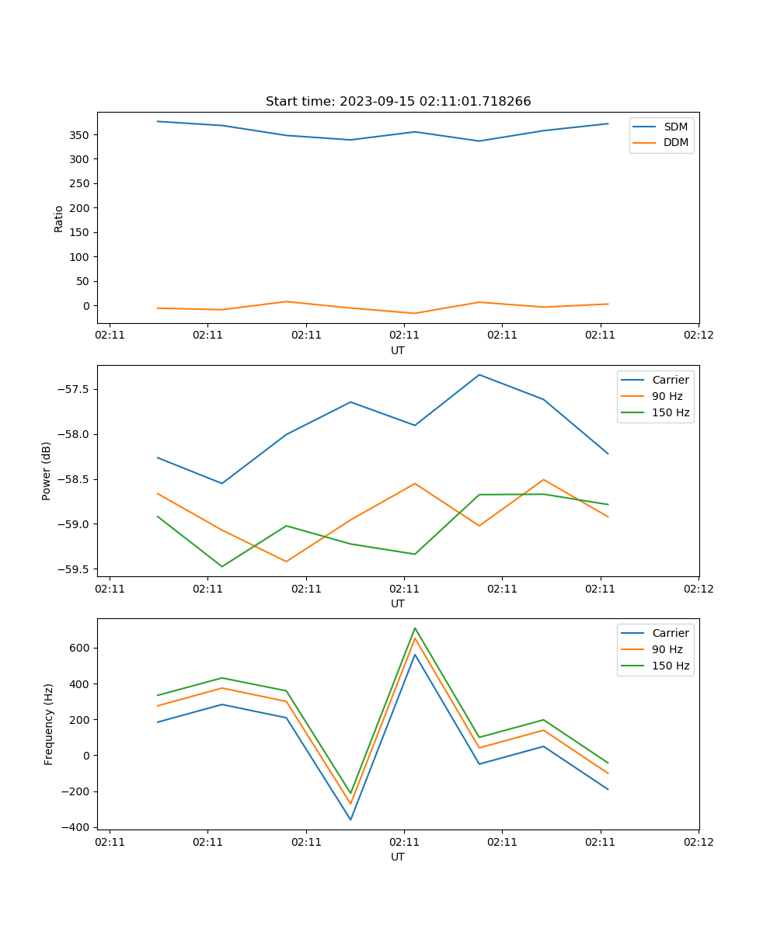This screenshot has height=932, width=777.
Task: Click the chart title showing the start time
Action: click(398, 102)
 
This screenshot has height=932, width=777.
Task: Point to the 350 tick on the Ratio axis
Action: click(80, 135)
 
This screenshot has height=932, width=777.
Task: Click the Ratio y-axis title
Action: click(59, 218)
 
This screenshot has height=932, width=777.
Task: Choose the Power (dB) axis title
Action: click(47, 471)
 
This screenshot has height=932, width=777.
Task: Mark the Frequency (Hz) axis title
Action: click(48, 724)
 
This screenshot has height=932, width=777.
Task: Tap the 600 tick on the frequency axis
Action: click(82, 648)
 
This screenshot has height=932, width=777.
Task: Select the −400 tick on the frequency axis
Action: click(77, 827)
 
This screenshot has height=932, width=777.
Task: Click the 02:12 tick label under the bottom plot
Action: click(698, 842)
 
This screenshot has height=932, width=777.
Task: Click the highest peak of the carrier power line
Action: click(479, 375)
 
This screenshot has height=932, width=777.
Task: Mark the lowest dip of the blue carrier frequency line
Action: click(350, 819)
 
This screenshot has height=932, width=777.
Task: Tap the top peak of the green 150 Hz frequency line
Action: click(415, 628)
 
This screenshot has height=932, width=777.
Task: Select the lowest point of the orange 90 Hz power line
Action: click(287, 562)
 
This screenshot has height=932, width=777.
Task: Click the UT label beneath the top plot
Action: click(398, 350)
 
